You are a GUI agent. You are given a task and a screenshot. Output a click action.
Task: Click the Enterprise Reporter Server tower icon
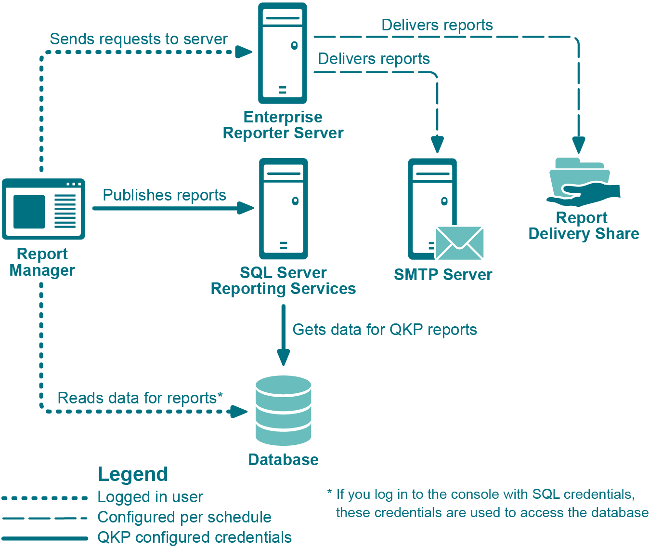pos(283,53)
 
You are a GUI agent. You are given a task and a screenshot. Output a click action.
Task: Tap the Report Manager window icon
pos(43,209)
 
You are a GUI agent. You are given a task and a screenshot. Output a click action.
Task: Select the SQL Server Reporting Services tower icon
pos(283,209)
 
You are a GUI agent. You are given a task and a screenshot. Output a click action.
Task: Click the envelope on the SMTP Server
pos(459,243)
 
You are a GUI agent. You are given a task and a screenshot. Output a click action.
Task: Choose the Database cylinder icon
pos(283,410)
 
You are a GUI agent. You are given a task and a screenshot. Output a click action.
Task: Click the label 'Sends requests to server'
pos(139,39)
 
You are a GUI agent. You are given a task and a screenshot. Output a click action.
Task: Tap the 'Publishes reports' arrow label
pos(164,195)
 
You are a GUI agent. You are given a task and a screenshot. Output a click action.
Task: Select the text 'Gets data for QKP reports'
pos(385,330)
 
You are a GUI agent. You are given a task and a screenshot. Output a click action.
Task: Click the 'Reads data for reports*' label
pos(140,398)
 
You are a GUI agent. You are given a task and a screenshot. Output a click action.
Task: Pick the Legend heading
pos(133,474)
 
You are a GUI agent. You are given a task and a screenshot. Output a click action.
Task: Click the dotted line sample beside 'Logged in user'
pos(44,498)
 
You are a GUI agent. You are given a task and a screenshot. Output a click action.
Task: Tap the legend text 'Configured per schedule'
pos(184,517)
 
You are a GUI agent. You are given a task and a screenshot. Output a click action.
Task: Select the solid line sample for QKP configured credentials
pos(44,538)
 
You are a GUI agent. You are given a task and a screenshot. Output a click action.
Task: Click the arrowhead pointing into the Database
pos(284,357)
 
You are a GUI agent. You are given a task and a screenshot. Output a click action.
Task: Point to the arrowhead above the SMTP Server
pos(437,144)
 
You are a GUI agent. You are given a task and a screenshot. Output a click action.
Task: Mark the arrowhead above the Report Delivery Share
pos(579,145)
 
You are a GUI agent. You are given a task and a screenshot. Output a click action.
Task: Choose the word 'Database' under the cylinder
pos(283,460)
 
